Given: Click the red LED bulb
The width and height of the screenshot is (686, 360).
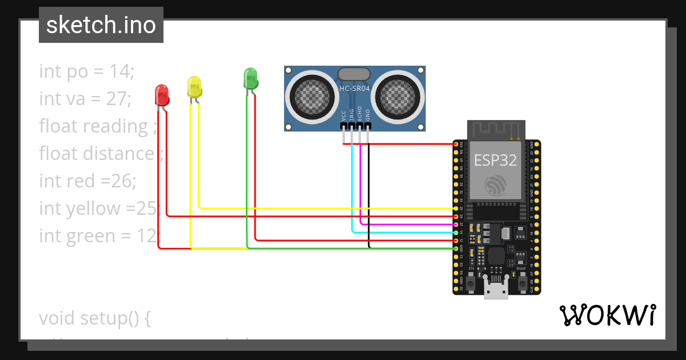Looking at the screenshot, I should pyautogui.click(x=162, y=95).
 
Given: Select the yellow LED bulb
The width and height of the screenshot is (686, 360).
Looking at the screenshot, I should pyautogui.click(x=194, y=86).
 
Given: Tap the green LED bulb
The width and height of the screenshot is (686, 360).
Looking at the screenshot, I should pyautogui.click(x=250, y=78).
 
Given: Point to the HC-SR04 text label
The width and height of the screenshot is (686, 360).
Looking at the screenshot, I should pyautogui.click(x=354, y=89).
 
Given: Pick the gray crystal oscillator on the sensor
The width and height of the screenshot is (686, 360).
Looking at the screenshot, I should pyautogui.click(x=354, y=74).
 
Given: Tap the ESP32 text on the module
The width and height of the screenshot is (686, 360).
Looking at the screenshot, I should pyautogui.click(x=495, y=161).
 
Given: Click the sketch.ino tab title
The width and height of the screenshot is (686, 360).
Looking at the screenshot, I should pyautogui.click(x=101, y=25).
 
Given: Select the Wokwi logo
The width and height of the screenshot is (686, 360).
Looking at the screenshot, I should pyautogui.click(x=607, y=315).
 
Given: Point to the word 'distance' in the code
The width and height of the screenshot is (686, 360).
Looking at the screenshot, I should pyautogui.click(x=119, y=154).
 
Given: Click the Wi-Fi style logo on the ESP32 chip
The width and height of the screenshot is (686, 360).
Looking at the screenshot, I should pyautogui.click(x=495, y=185).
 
